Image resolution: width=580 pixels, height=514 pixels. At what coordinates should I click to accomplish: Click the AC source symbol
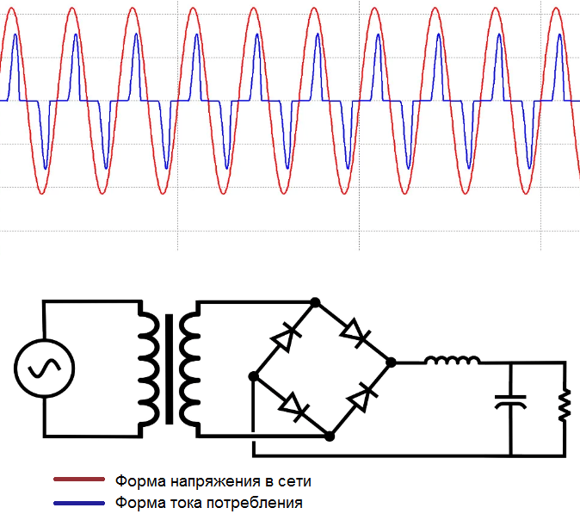tap(45, 368)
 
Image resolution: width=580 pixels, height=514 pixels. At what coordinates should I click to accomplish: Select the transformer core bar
tap(169, 369)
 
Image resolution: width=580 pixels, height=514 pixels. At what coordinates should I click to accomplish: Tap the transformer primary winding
tap(149, 369)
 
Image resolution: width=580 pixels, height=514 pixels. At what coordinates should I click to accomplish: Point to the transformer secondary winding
tap(190, 369)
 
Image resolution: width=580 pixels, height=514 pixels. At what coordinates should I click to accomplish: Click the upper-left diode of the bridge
tap(287, 337)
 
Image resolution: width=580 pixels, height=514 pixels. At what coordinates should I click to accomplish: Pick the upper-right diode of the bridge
tap(355, 333)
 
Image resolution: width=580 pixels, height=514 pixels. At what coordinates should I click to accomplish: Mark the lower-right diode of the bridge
tap(362, 398)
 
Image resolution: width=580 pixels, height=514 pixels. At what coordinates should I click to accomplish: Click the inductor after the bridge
tap(453, 360)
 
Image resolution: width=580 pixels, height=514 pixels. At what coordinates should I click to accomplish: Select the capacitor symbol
tap(511, 402)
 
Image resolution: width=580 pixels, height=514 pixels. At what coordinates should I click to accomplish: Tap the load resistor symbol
tap(565, 405)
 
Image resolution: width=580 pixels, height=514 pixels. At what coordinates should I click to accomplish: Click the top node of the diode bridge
tap(315, 302)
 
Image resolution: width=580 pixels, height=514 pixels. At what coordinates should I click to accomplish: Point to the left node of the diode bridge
tap(253, 376)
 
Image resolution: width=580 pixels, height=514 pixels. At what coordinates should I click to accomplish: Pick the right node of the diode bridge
tap(391, 362)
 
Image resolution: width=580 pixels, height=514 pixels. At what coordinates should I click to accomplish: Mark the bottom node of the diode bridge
tap(330, 437)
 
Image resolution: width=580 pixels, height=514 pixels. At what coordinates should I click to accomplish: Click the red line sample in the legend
tap(79, 480)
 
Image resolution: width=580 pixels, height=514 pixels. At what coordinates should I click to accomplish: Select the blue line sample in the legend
tap(79, 504)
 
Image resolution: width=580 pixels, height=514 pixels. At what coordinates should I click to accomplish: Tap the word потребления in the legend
tap(255, 504)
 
